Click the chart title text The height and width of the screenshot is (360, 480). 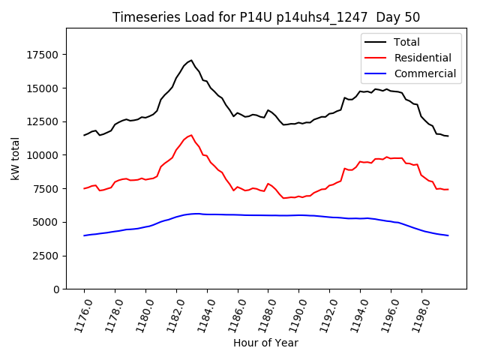(266, 17)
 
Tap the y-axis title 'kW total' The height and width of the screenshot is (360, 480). (15, 158)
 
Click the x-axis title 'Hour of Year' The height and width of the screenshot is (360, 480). (265, 343)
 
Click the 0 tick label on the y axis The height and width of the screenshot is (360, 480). (57, 289)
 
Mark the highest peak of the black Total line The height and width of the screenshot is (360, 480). (191, 60)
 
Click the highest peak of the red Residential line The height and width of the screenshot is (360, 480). (191, 135)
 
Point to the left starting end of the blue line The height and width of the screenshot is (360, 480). (84, 235)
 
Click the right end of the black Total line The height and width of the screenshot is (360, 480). (448, 136)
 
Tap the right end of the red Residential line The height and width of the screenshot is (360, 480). (448, 189)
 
